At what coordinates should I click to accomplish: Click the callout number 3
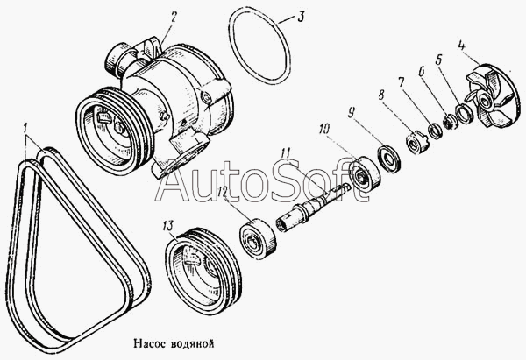click(x=300, y=17)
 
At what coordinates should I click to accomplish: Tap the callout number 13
click(x=168, y=226)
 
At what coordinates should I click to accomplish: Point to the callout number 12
click(x=223, y=192)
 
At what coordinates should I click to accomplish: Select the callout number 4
click(x=463, y=46)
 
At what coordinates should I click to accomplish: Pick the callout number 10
click(x=323, y=129)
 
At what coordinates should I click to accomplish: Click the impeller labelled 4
click(x=492, y=95)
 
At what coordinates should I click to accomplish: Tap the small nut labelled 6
click(x=449, y=122)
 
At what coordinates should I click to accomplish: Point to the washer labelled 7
click(x=435, y=131)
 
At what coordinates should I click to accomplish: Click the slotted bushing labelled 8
click(x=416, y=144)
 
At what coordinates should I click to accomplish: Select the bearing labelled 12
click(x=258, y=239)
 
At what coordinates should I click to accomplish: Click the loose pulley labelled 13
click(x=203, y=272)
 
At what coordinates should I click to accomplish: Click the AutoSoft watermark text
click(x=262, y=182)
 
